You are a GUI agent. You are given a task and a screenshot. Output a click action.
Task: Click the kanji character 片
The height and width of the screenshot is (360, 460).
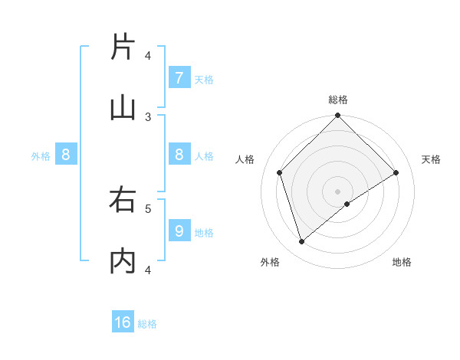[123, 47]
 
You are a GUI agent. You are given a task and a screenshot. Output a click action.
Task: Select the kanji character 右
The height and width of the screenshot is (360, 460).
[123, 201]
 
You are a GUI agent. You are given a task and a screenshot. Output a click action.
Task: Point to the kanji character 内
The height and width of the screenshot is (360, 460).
[123, 262]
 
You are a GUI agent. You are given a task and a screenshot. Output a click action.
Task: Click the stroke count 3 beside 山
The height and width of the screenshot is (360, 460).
[148, 117]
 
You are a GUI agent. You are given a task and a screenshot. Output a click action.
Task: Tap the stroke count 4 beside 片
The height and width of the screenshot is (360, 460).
[148, 56]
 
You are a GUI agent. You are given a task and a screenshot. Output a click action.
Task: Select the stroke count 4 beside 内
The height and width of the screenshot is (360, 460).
[148, 270]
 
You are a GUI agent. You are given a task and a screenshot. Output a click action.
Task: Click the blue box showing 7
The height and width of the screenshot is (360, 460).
[179, 77]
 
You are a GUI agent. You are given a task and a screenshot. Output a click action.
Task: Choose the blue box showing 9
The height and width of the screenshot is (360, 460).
[179, 231]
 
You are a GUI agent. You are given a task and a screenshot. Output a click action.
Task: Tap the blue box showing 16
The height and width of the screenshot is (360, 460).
[123, 322]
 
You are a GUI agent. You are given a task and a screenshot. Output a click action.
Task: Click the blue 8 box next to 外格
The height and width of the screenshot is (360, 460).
[66, 155]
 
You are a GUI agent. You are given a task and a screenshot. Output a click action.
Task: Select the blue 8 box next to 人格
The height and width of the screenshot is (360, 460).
[179, 155]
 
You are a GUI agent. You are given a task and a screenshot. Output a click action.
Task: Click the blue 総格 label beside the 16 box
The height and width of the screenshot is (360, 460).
[147, 324]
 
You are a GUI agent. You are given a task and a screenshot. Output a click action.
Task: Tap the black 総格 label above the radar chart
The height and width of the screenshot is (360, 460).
[338, 100]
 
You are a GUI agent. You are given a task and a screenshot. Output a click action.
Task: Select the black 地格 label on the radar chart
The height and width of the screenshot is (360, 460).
[402, 262]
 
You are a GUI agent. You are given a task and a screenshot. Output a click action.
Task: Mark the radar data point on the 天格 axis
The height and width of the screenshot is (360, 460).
[396, 172]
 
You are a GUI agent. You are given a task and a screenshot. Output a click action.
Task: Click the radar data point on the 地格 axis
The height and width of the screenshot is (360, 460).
[347, 204]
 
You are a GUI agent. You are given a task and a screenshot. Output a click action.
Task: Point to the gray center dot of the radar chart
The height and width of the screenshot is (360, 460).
[338, 191]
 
